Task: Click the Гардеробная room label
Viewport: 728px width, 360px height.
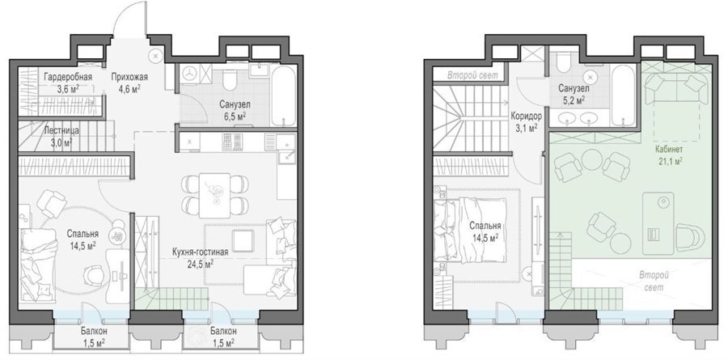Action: pyautogui.click(x=68, y=77)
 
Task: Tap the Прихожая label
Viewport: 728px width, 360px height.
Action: pyautogui.click(x=126, y=77)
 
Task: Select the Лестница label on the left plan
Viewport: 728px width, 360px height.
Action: pyautogui.click(x=59, y=131)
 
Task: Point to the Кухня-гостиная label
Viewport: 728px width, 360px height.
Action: pyautogui.click(x=200, y=252)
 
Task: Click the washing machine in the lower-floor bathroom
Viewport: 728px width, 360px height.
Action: pyautogui.click(x=189, y=74)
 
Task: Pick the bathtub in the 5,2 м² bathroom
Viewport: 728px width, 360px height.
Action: pyautogui.click(x=622, y=95)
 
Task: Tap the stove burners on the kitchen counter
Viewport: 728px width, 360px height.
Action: pyautogui.click(x=232, y=142)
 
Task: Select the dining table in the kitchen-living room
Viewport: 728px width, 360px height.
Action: pyautogui.click(x=214, y=196)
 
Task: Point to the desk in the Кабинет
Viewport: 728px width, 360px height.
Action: pyautogui.click(x=658, y=223)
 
